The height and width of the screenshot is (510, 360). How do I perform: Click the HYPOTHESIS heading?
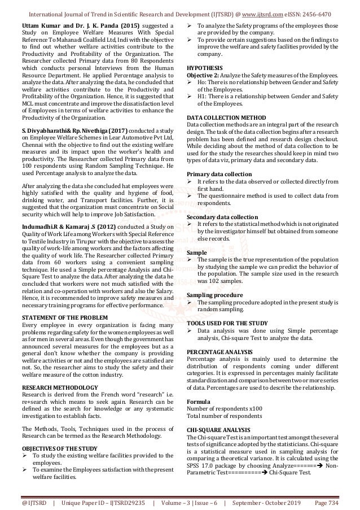204,66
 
